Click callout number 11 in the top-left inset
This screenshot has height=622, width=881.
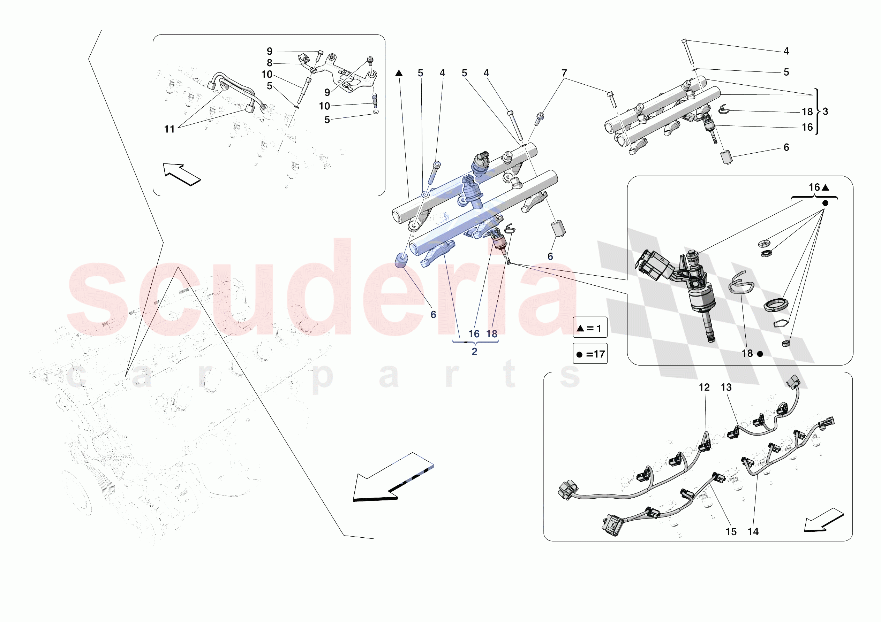[x=169, y=129]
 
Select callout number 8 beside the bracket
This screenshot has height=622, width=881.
[x=269, y=63]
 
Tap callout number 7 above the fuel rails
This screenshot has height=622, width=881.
[x=564, y=73]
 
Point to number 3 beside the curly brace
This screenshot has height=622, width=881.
[x=825, y=112]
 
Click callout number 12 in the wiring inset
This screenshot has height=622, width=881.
[x=704, y=387]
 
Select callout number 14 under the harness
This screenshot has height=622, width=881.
[x=753, y=531]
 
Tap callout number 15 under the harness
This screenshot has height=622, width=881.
[x=731, y=531]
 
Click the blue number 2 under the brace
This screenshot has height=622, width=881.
[x=474, y=352]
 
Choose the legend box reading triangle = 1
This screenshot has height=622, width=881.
[x=590, y=328]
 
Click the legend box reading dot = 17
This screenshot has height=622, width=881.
[x=590, y=354]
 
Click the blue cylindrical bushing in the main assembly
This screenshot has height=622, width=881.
[x=401, y=261]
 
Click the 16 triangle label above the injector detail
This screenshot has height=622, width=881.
[x=819, y=187]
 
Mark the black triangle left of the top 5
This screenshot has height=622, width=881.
[x=399, y=73]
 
